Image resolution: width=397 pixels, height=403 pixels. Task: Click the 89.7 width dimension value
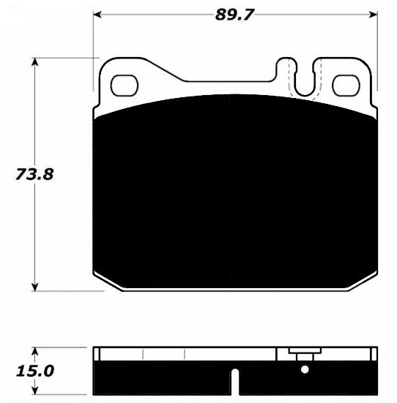pos(234,15)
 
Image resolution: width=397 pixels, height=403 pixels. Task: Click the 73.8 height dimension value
pos(34,174)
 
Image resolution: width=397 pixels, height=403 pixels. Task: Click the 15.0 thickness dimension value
pos(35,371)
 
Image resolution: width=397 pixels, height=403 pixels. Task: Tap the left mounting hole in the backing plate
pos(125,86)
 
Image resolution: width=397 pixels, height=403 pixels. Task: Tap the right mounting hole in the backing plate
pos(346,86)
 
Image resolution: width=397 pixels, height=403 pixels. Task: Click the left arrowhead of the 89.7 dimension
pos(97,15)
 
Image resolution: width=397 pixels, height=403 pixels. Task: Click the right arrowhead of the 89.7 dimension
pos(374,15)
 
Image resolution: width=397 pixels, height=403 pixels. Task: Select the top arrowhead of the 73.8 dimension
pos(34,62)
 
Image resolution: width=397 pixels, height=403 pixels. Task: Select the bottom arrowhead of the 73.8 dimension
pos(34,287)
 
